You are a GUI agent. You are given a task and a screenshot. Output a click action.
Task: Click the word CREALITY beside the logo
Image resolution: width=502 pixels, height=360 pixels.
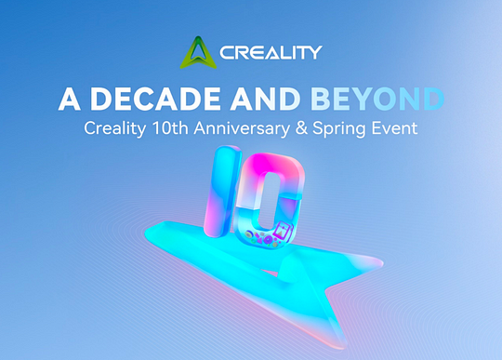[270, 53]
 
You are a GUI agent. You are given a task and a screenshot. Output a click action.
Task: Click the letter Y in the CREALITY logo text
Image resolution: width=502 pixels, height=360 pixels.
[313, 53]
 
